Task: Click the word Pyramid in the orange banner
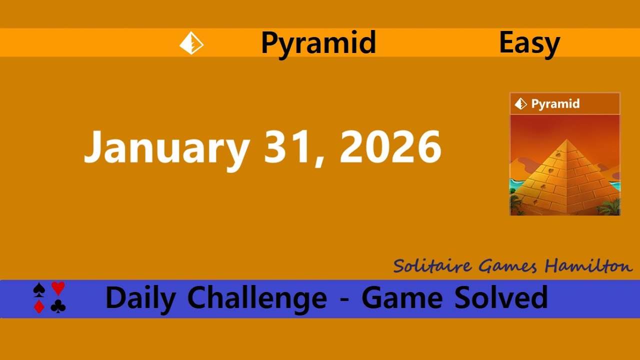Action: [318, 43]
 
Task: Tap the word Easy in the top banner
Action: [529, 43]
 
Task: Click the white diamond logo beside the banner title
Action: [191, 43]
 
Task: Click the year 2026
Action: [390, 147]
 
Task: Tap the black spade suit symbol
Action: [39, 289]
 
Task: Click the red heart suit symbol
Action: [58, 288]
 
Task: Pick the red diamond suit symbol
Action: [39, 306]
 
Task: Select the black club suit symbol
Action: [58, 306]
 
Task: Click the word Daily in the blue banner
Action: [140, 298]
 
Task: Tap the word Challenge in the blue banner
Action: [257, 298]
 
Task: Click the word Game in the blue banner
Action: [401, 298]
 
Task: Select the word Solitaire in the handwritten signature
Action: [432, 265]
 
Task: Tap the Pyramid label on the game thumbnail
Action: [555, 104]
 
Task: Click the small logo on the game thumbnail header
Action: [521, 104]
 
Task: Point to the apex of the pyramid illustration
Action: [566, 140]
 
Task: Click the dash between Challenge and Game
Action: [344, 300]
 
